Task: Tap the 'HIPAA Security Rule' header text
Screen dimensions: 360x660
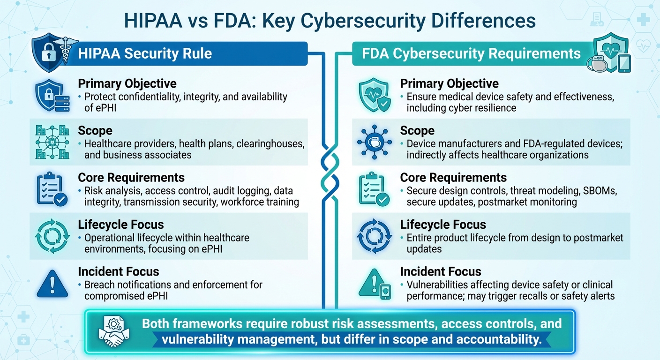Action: pyautogui.click(x=145, y=53)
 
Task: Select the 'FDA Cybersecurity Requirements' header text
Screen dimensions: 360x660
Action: pyautogui.click(x=471, y=53)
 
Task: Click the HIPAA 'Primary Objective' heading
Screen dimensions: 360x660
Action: pyautogui.click(x=127, y=84)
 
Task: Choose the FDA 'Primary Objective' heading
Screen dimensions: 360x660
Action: pyautogui.click(x=449, y=84)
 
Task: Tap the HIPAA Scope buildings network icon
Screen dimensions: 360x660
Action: pyautogui.click(x=52, y=142)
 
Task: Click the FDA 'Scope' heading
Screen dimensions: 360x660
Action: pyautogui.click(x=417, y=131)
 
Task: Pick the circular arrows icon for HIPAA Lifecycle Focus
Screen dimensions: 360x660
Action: pyautogui.click(x=52, y=236)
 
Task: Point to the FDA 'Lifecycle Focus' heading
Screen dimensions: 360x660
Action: pyautogui.click(x=442, y=225)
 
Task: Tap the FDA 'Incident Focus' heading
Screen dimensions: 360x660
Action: pyautogui.click(x=440, y=271)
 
